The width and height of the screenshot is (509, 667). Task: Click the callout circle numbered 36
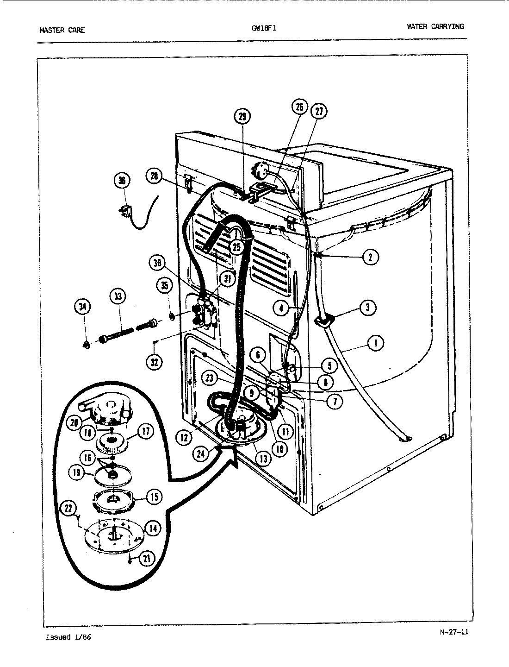pos(122,181)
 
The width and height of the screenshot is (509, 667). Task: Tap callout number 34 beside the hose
pos(82,307)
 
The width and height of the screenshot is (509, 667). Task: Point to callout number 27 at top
pos(319,111)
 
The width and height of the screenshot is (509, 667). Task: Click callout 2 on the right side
pos(370,257)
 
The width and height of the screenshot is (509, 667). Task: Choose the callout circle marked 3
pos(367,308)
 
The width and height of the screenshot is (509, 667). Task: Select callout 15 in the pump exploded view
pos(154,497)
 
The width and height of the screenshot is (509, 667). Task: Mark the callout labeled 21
pos(146,559)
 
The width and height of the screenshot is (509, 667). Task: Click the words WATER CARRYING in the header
pos(435,26)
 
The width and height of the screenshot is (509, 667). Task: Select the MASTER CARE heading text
pos(62,31)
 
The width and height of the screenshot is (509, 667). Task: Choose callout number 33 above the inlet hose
pos(118,296)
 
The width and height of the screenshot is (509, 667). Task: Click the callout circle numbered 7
pos(334,401)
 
